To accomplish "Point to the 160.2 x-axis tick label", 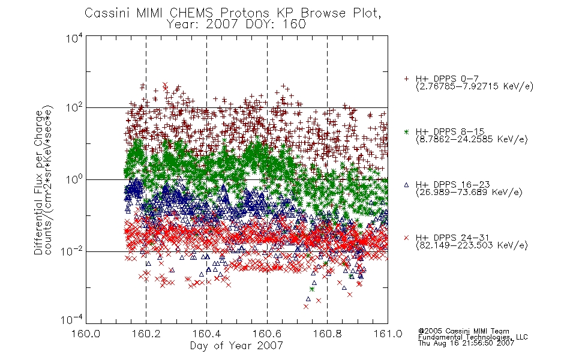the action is (x=146, y=334).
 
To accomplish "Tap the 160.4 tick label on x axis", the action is (x=207, y=334).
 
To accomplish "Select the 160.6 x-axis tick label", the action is (x=267, y=334).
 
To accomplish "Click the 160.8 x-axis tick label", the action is (x=328, y=334).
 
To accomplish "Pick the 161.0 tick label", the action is (x=388, y=334).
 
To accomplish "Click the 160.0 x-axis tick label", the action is (x=86, y=334).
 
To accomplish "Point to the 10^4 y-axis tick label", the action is (x=74, y=38).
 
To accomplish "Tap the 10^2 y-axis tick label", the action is (x=74, y=108).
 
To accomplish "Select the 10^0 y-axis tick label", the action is (x=74, y=180).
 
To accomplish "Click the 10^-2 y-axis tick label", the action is (x=71, y=251).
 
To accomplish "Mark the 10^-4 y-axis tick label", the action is (x=71, y=320).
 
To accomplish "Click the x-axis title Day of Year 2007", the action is (x=236, y=346).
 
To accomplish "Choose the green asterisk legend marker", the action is (x=406, y=132).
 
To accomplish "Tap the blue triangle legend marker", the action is (x=406, y=185).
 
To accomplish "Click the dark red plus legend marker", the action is (x=406, y=79).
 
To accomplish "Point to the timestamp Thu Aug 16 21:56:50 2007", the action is (x=466, y=343).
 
